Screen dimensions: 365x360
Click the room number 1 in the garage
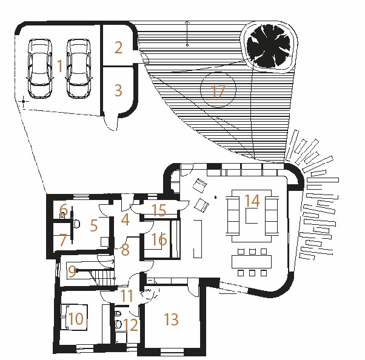60,66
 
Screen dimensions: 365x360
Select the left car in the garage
40,68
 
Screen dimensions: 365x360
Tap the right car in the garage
79,68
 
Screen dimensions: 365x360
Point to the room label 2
118,48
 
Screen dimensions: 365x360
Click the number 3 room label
118,90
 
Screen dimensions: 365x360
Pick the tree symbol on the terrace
269,47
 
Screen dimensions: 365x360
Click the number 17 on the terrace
218,92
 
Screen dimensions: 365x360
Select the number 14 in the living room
252,201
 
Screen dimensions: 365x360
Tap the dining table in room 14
252,262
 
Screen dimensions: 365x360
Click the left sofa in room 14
233,215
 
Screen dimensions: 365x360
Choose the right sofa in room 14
272,215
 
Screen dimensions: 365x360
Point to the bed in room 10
74,317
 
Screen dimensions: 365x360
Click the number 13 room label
172,319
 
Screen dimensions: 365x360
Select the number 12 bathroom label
130,325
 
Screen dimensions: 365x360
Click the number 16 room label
159,239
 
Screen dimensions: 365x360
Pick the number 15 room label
159,210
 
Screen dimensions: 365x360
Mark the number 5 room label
93,225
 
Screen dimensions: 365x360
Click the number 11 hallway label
127,296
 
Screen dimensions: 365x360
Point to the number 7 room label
63,240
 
